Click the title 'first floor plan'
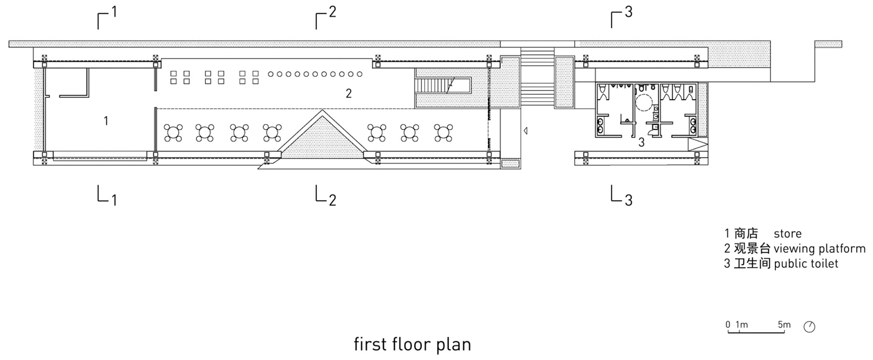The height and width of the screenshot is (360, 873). pyautogui.click(x=412, y=345)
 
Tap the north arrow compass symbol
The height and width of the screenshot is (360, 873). pyautogui.click(x=809, y=327)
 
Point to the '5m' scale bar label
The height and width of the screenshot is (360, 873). pyautogui.click(x=784, y=325)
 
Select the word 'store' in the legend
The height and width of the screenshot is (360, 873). pyautogui.click(x=788, y=234)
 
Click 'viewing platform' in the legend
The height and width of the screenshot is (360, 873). pyautogui.click(x=820, y=249)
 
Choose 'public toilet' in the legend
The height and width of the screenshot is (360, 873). pyautogui.click(x=806, y=263)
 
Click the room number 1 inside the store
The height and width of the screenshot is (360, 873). pyautogui.click(x=106, y=121)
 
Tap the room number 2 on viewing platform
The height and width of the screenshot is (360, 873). pyautogui.click(x=349, y=93)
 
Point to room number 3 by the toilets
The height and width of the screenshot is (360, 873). pyautogui.click(x=641, y=143)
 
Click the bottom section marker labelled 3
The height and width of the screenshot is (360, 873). pyautogui.click(x=621, y=195)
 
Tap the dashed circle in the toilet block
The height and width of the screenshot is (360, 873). pyautogui.click(x=644, y=103)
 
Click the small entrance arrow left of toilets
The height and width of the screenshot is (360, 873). pyautogui.click(x=526, y=131)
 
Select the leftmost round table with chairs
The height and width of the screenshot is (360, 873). pyautogui.click(x=173, y=133)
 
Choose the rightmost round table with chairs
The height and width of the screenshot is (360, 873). pyautogui.click(x=444, y=133)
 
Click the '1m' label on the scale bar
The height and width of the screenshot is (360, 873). pyautogui.click(x=742, y=325)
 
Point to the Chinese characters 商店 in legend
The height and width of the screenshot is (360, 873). pyautogui.click(x=746, y=233)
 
